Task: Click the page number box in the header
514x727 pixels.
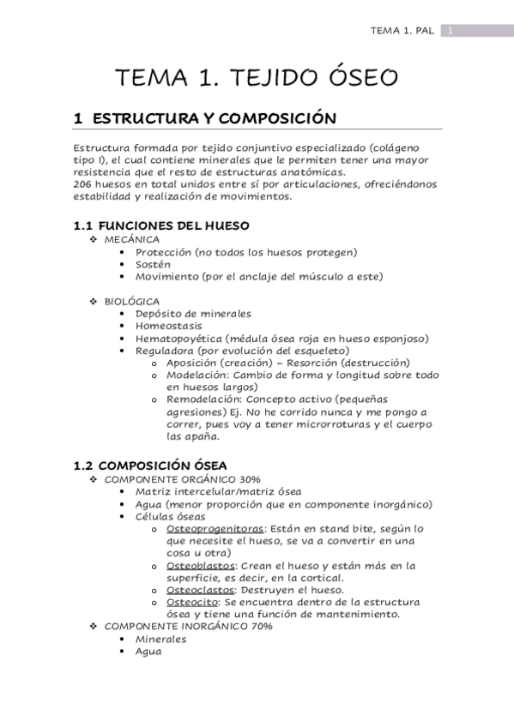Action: tap(451, 31)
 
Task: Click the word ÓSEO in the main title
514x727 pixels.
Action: tap(352, 78)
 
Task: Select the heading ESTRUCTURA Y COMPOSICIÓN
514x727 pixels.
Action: tap(214, 118)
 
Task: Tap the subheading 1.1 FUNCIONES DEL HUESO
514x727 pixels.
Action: tap(161, 225)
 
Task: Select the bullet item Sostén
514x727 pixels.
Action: tap(153, 264)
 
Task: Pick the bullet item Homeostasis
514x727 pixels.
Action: tap(169, 326)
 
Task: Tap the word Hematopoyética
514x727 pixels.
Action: tap(177, 339)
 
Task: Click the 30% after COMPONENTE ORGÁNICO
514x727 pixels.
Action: tap(251, 478)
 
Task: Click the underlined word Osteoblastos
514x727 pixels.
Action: tap(201, 565)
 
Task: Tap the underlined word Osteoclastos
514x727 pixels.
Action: tap(201, 590)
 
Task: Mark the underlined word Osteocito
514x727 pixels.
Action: tap(192, 602)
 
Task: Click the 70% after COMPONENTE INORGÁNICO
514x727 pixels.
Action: tap(260, 627)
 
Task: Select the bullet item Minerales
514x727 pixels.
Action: tap(161, 639)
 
